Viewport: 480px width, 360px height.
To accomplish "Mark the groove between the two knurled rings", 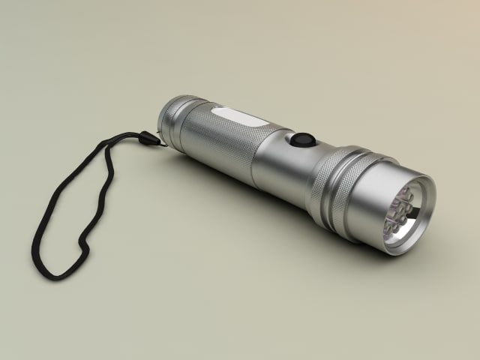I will [x=337, y=184].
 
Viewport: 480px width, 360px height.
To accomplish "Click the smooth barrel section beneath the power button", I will [x=281, y=169].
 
